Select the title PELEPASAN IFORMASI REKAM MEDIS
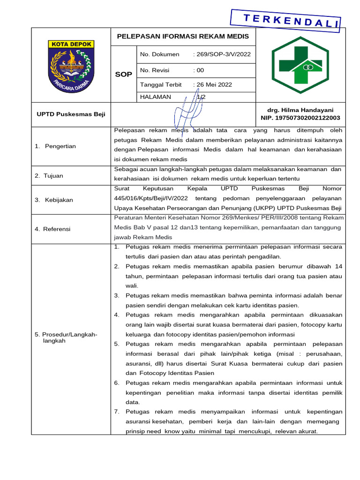tap(183, 36)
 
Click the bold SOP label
tap(124, 74)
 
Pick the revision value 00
tap(200, 70)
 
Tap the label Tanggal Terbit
tap(160, 85)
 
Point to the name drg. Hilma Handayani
tap(300, 110)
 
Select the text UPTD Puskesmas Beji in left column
tap(71, 114)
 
